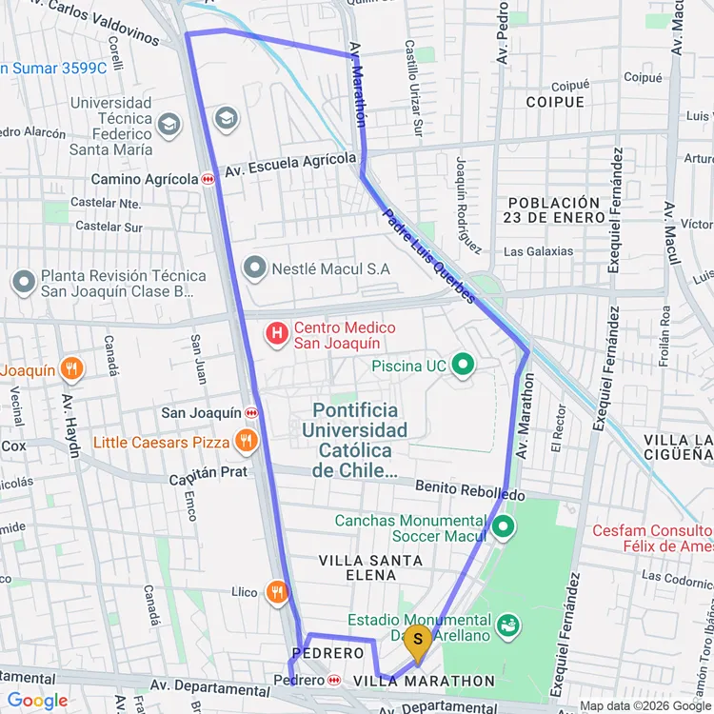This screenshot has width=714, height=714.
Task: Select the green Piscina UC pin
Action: pos(464,364)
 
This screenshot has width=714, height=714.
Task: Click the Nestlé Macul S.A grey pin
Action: pos(254,268)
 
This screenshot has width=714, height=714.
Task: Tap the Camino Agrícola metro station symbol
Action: pos(208,179)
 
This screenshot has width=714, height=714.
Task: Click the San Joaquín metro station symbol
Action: pos(252,413)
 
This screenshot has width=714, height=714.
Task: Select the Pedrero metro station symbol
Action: pos(334,680)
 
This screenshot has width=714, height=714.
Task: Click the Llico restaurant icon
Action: pos(277,592)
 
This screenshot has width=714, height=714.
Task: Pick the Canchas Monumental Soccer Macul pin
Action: pos(503,526)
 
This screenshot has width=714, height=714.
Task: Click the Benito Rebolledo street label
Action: pos(470,490)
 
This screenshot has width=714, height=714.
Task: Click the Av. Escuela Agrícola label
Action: pos(289,166)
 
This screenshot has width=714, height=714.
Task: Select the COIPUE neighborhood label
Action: pos(555,102)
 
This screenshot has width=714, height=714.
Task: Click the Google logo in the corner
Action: pos(38,701)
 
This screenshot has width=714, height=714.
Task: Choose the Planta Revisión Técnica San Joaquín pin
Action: pos(23,282)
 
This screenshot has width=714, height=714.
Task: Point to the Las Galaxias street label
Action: pos(539,251)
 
